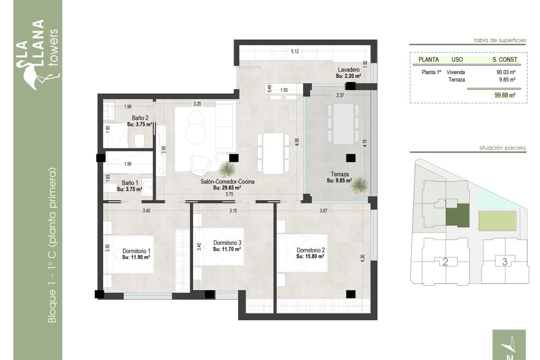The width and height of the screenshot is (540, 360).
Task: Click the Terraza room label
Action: click(x=339, y=174)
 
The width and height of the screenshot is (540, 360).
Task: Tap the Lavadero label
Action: click(x=348, y=70)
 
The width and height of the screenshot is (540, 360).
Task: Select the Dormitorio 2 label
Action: click(x=310, y=250)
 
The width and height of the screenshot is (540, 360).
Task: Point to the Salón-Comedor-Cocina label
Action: click(x=227, y=182)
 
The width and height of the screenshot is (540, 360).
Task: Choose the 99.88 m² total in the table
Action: click(x=504, y=95)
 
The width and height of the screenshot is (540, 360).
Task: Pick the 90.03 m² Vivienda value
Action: click(x=506, y=72)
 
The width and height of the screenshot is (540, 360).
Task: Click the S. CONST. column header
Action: click(x=505, y=59)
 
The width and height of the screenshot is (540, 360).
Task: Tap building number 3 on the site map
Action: click(x=505, y=261)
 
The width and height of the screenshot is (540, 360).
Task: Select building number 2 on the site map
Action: click(x=445, y=262)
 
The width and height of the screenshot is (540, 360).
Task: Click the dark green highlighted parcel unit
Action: click(x=457, y=216)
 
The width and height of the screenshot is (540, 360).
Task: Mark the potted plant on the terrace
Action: click(x=358, y=185)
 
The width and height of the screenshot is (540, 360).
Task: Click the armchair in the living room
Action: click(x=199, y=165)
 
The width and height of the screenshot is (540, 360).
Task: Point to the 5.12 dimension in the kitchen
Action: click(x=295, y=51)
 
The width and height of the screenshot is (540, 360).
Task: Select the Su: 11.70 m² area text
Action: click(x=227, y=249)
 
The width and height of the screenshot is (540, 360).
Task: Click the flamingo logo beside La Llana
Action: click(x=30, y=75)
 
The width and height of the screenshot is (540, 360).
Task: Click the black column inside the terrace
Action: click(x=351, y=158)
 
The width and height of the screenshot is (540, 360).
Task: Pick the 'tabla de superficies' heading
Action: click(x=500, y=40)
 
